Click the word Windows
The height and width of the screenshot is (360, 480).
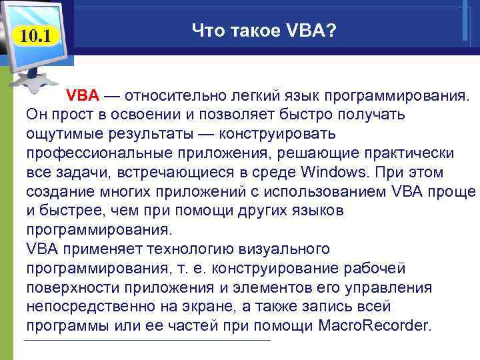[335, 173]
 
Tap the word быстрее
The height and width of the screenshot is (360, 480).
[71, 211]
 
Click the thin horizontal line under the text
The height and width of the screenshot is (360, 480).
[147, 341]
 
